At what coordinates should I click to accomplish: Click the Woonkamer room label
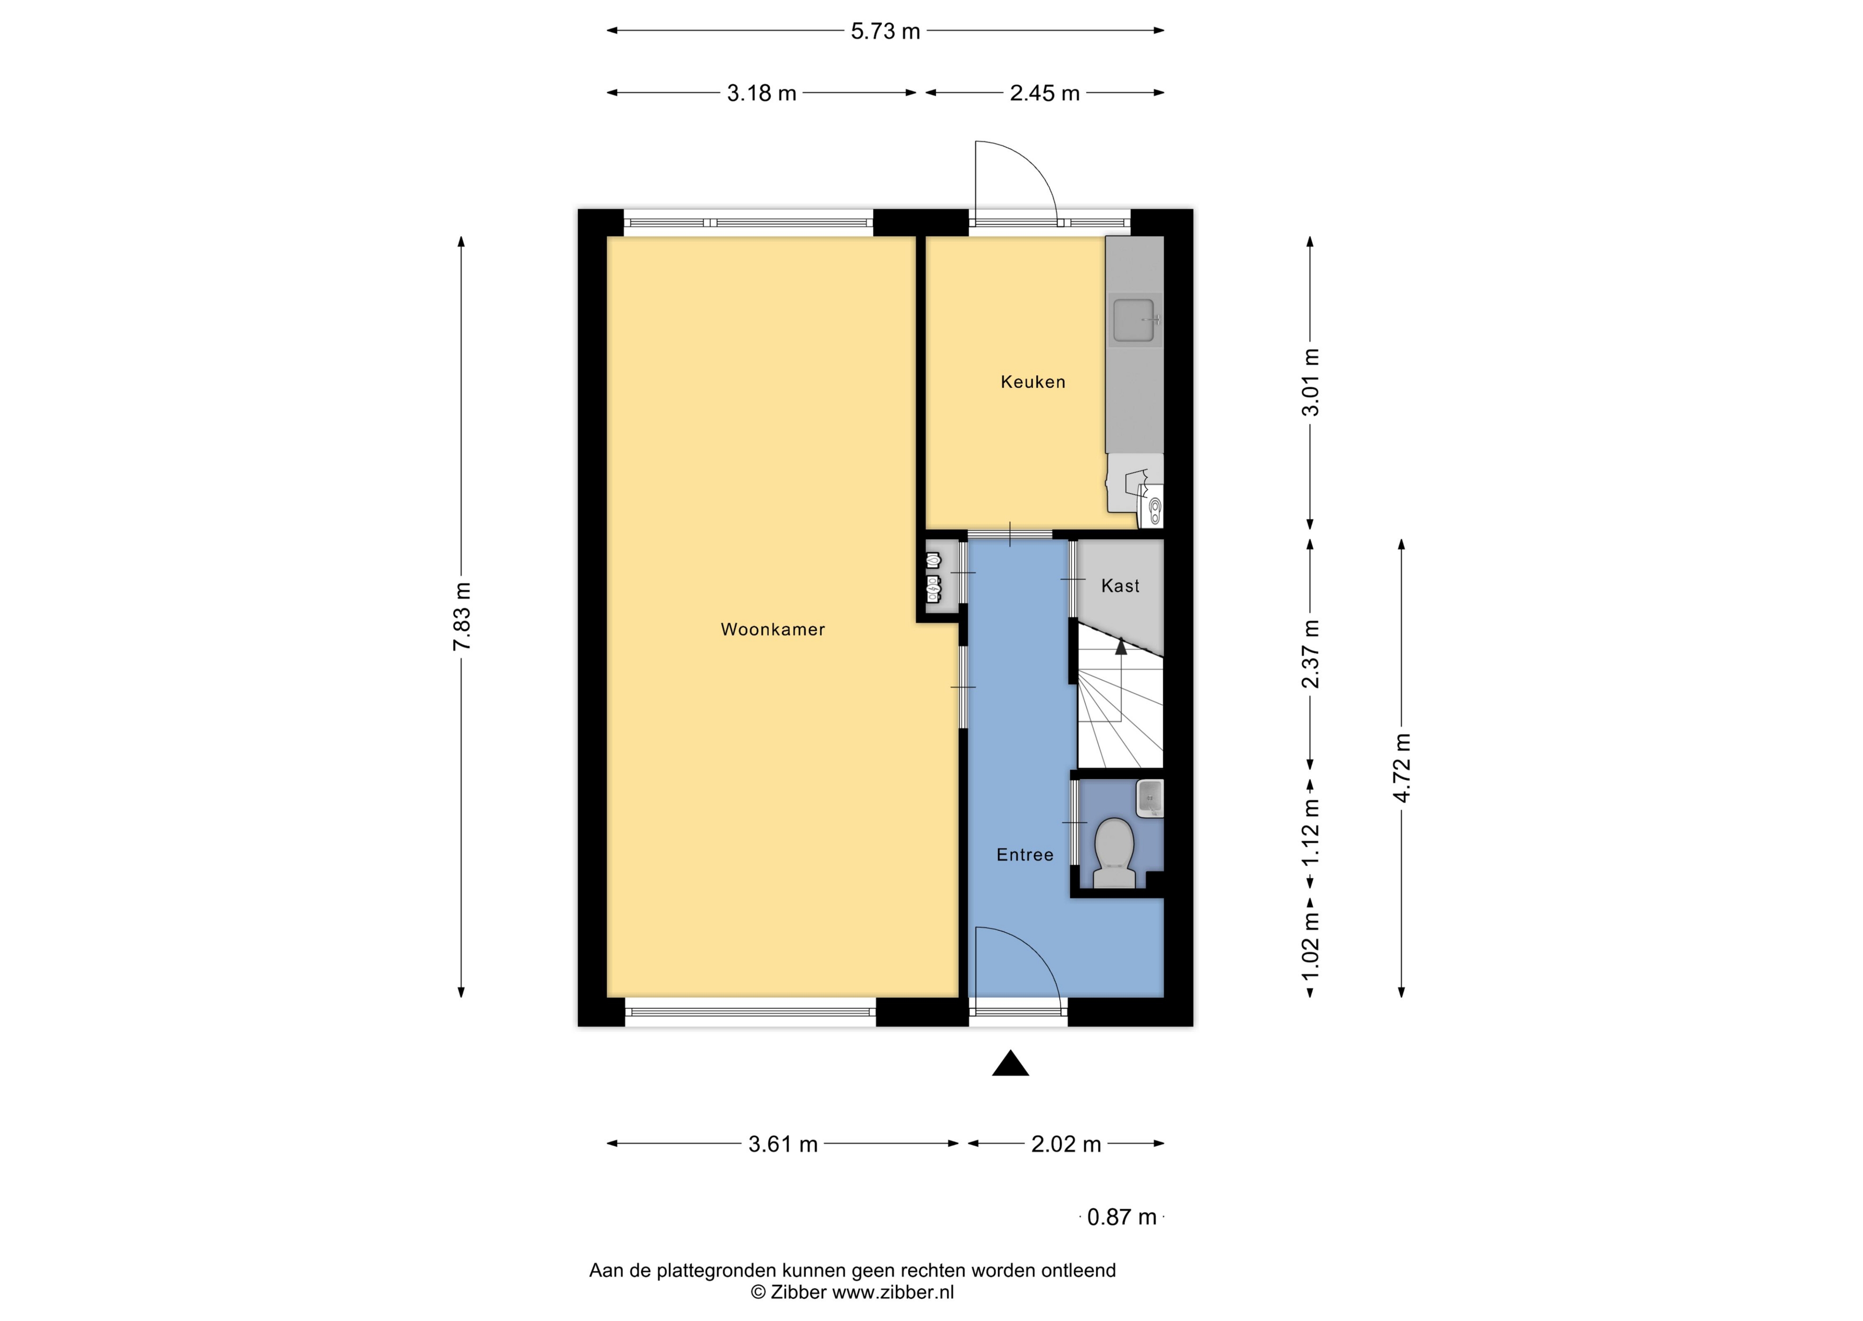click(773, 629)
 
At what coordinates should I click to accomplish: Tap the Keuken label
click(1032, 382)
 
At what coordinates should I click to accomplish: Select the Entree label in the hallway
click(1025, 855)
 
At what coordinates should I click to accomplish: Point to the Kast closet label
click(1120, 585)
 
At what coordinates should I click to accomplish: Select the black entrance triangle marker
click(1010, 1062)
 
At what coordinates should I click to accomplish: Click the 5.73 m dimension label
click(885, 32)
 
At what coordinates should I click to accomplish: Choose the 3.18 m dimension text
click(762, 93)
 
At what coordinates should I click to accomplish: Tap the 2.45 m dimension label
click(1045, 93)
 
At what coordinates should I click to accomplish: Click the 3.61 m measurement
click(783, 1145)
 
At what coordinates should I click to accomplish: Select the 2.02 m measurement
click(1066, 1145)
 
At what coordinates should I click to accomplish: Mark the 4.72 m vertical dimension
click(1401, 767)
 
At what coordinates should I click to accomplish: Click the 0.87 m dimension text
click(1122, 1217)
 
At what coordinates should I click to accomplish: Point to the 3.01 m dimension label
click(1310, 382)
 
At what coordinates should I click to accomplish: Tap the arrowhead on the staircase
click(1121, 647)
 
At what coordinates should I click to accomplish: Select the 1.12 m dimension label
click(1310, 833)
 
